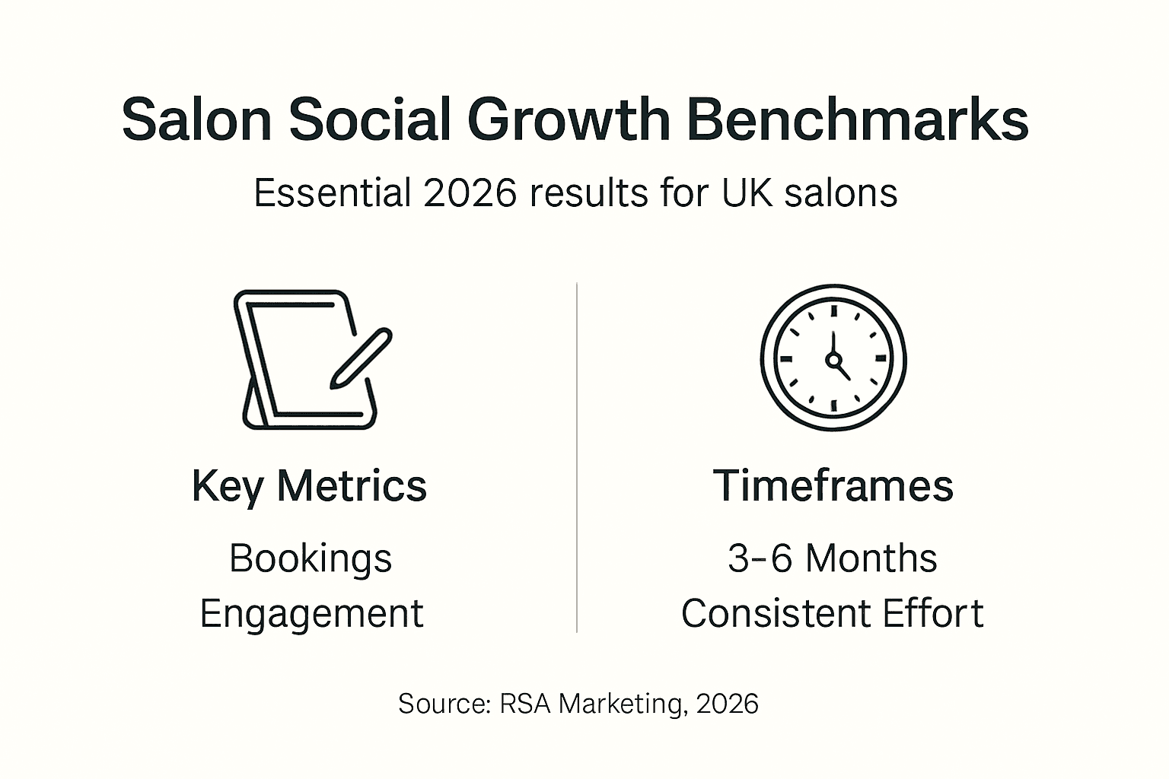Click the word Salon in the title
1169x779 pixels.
tap(196, 120)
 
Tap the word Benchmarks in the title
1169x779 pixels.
tap(858, 120)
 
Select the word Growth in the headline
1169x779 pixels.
tap(569, 120)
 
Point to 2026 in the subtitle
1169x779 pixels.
tap(470, 193)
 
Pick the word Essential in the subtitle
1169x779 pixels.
tap(332, 193)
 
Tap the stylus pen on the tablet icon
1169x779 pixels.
tap(361, 358)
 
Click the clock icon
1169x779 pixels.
tap(833, 358)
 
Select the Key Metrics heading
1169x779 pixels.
tap(309, 485)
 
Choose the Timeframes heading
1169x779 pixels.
tap(833, 485)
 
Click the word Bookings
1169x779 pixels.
tap(311, 558)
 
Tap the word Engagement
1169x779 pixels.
tap(311, 614)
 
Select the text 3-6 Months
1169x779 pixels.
tap(833, 558)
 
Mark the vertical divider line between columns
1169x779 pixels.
tap(577, 456)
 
